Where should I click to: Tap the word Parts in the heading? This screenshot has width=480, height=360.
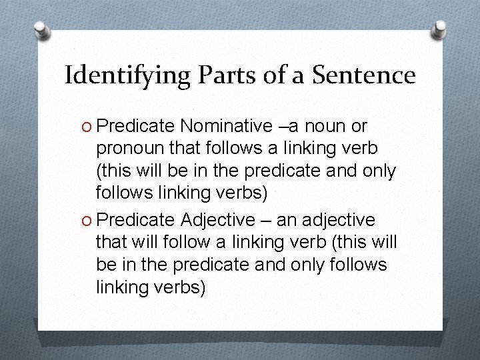click(219, 75)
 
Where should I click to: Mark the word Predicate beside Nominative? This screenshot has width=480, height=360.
click(137, 125)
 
